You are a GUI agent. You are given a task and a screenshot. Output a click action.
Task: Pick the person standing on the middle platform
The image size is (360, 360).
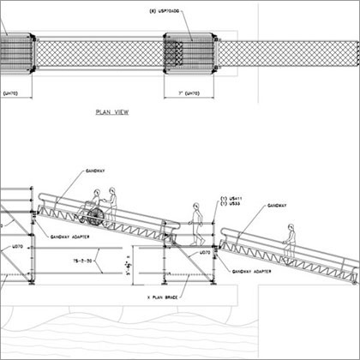point(196,222)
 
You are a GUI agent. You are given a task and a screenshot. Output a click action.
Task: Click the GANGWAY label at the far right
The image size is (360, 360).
point(277,207)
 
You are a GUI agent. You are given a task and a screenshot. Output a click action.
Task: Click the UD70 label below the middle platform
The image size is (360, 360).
point(205,253)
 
